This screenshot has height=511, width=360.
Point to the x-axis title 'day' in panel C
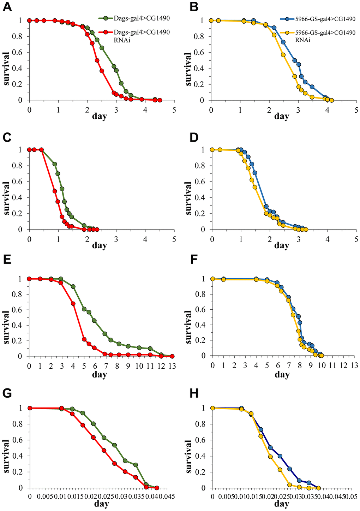tap(100, 245)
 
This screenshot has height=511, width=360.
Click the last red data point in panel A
tap(160, 100)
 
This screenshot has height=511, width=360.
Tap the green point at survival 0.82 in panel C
tap(55, 164)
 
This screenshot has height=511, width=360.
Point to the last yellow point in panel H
tap(318, 488)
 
